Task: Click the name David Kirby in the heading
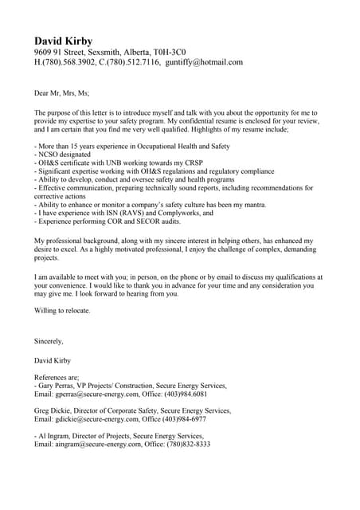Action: tap(63, 41)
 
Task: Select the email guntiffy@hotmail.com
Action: tap(203, 62)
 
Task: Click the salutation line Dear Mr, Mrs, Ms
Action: tap(67, 93)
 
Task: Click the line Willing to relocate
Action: tap(62, 310)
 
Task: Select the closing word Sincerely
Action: tap(49, 341)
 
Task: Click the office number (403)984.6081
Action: tap(182, 394)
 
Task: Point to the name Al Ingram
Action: tap(53, 436)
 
